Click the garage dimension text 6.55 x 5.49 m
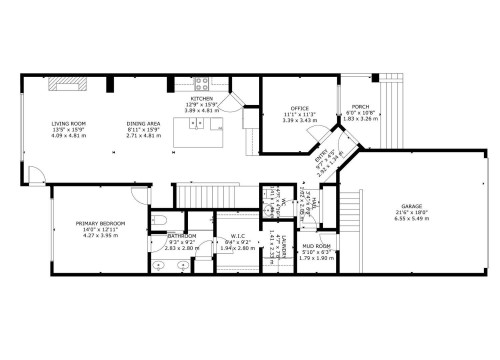[x=412, y=218]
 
